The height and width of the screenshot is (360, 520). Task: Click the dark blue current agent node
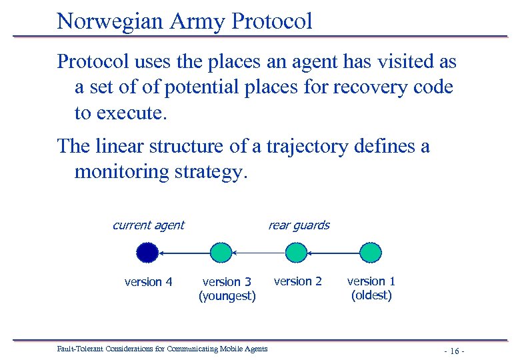point(147,253)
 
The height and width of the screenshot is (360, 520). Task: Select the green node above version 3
point(221,253)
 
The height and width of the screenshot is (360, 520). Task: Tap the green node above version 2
point(295,253)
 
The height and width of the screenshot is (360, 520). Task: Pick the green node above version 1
point(371,253)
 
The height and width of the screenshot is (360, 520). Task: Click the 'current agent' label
point(148,225)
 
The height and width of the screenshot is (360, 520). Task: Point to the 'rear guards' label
point(298,225)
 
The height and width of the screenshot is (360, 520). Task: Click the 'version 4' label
point(148,282)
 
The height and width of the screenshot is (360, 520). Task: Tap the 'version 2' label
point(297,281)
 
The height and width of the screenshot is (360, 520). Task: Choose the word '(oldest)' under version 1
point(371,295)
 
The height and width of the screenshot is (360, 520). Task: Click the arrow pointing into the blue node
point(184,253)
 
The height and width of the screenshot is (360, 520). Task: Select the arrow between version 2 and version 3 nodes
point(258,253)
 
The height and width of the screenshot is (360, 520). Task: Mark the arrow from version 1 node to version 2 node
point(333,253)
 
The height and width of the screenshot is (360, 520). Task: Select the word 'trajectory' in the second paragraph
point(307,146)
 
